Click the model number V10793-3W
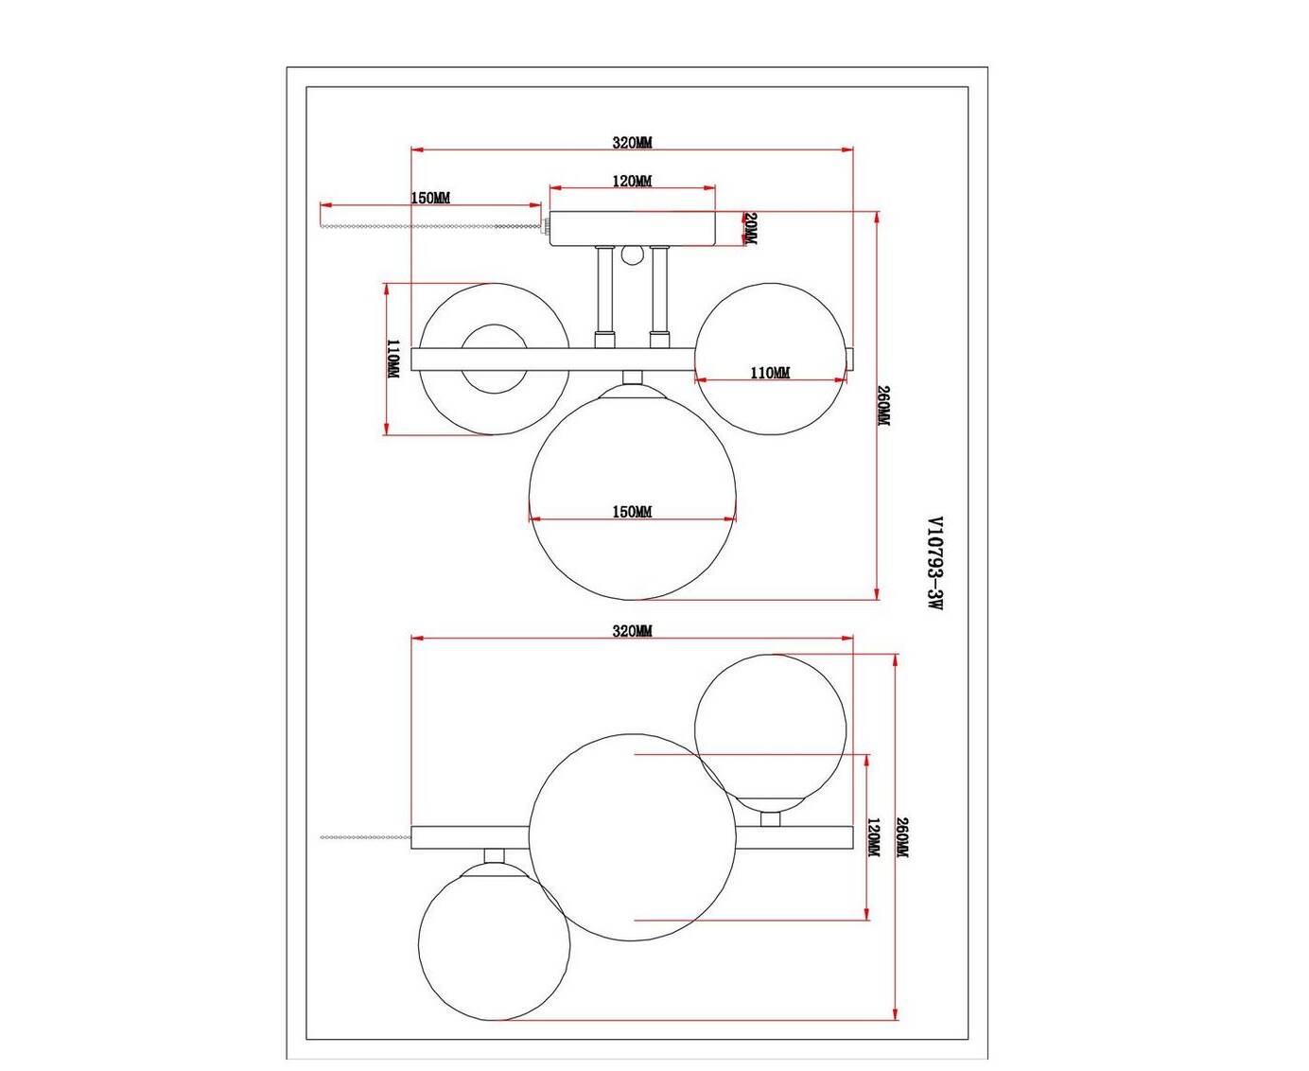coord(934,563)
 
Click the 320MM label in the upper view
coord(633,142)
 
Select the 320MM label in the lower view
coord(633,631)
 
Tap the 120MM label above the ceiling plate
coord(633,181)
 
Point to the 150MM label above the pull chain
coord(430,198)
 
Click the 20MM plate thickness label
coord(750,229)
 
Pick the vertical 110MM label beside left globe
coord(393,359)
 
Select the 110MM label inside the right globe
coord(770,373)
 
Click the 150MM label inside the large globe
coord(633,512)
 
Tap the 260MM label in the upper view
coord(883,406)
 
